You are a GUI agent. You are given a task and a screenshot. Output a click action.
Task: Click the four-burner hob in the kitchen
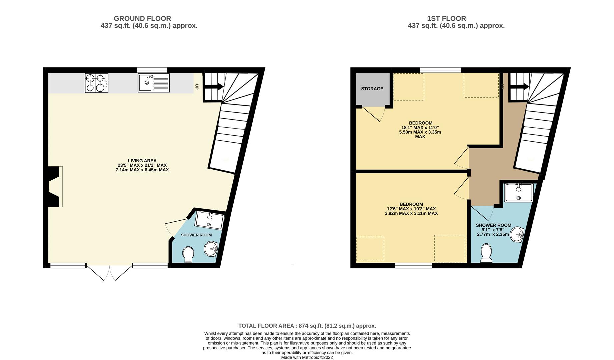[x=96, y=83]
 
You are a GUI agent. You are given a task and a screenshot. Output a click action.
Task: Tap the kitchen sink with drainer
[x=154, y=83]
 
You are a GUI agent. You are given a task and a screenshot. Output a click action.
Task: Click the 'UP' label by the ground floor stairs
[x=197, y=87]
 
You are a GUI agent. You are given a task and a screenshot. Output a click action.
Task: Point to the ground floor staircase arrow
[x=213, y=87]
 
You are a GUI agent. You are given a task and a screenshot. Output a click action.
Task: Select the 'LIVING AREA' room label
[x=142, y=161]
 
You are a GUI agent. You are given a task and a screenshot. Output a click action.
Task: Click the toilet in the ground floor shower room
[x=188, y=254]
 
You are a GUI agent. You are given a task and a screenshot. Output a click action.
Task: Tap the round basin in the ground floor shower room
[x=211, y=249]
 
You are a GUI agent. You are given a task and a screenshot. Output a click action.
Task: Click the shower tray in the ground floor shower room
[x=209, y=220]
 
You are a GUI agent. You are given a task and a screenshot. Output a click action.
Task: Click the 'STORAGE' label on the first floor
[x=372, y=89]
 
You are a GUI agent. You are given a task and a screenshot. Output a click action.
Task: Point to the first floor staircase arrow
[x=519, y=87]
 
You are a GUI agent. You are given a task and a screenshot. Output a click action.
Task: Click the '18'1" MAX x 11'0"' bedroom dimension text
[x=420, y=127]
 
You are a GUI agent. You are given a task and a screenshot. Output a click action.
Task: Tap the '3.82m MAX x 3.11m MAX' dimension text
[x=411, y=213]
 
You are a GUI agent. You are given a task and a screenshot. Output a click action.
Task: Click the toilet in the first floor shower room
[x=486, y=253]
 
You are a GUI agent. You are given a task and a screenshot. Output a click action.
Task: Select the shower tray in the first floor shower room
[x=519, y=193]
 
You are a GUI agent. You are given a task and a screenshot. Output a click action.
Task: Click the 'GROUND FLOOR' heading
[x=142, y=19]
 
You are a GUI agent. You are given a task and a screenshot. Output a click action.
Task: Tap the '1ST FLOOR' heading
[x=447, y=19]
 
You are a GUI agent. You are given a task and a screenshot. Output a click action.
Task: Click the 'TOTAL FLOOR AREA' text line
[x=307, y=326]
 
